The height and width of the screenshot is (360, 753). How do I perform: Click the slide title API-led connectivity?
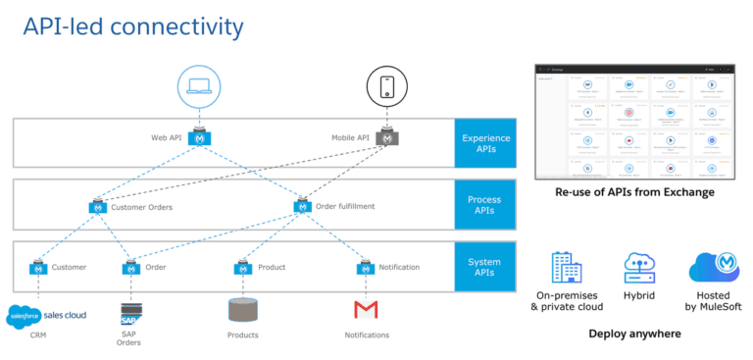coord(133,26)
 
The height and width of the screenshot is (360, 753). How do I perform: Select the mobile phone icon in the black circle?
coord(387,86)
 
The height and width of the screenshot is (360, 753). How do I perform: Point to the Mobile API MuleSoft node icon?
coord(389,139)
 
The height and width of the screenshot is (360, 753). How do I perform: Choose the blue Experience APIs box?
coord(485,144)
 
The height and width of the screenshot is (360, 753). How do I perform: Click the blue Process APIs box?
coord(485,205)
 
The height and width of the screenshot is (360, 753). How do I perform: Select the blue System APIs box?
coord(485,267)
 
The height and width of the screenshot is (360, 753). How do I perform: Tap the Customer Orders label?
coord(144,207)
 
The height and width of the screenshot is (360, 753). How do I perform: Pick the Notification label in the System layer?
coord(399,267)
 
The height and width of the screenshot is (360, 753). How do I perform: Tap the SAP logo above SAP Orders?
coord(129,314)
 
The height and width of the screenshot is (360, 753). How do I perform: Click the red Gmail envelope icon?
coord(366,311)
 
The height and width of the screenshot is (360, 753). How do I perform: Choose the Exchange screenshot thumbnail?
coord(633,122)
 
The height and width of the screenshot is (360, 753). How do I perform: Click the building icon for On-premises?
coord(563,268)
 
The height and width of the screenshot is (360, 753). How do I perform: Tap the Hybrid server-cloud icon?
coord(638,268)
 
